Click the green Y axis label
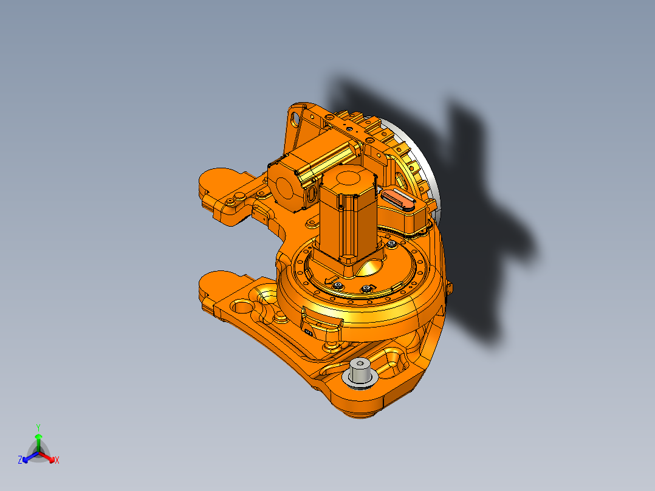point(38,427)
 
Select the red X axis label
point(57,461)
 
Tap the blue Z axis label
point(20,461)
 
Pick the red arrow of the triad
point(49,457)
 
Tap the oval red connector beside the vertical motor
point(398,198)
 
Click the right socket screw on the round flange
point(367,289)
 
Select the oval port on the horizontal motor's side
point(312,193)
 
